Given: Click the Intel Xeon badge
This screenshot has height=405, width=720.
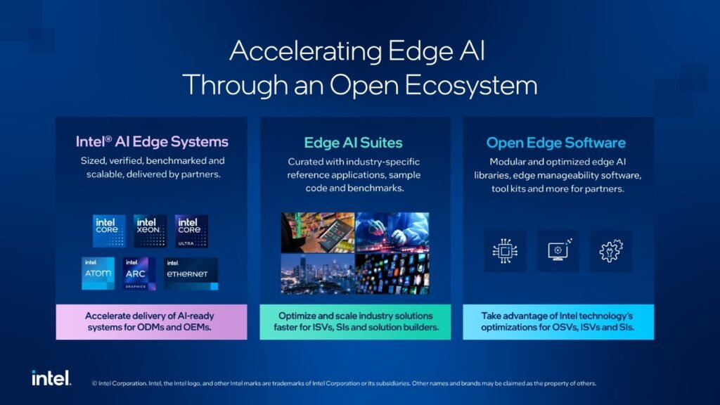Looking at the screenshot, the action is pyautogui.click(x=150, y=231).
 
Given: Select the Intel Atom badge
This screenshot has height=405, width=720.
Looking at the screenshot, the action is pyautogui.click(x=98, y=274).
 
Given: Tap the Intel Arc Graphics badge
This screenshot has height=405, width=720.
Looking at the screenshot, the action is pyautogui.click(x=139, y=274).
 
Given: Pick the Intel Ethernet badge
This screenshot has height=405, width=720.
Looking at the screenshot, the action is pyautogui.click(x=191, y=274).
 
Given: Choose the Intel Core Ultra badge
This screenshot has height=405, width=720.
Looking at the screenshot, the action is pyautogui.click(x=191, y=231).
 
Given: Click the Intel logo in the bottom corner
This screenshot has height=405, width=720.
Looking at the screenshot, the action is pyautogui.click(x=51, y=378).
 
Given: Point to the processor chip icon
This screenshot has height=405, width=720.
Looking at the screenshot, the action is pyautogui.click(x=505, y=251).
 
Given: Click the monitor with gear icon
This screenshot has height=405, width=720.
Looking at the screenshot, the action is pyautogui.click(x=558, y=250).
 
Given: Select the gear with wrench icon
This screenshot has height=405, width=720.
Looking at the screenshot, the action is pyautogui.click(x=611, y=251).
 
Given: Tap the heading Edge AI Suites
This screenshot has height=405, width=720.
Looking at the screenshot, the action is pyautogui.click(x=353, y=143).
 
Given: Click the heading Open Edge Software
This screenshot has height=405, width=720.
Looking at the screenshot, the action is pyautogui.click(x=555, y=143).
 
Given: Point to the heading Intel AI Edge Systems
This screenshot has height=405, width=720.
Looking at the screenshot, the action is pyautogui.click(x=152, y=141).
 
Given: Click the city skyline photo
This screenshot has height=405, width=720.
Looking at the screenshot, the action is pyautogui.click(x=318, y=274).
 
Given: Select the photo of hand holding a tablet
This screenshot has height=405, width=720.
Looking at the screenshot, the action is pyautogui.click(x=318, y=232).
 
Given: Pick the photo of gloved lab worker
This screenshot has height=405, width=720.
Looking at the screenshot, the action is pyautogui.click(x=392, y=232).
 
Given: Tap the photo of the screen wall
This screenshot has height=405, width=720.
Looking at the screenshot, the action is pyautogui.click(x=392, y=274).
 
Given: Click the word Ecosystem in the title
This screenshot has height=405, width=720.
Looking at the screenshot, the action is pyautogui.click(x=471, y=85).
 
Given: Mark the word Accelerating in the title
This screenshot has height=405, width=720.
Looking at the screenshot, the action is pyautogui.click(x=305, y=51).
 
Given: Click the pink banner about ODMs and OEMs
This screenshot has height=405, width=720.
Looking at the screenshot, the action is pyautogui.click(x=152, y=322).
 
